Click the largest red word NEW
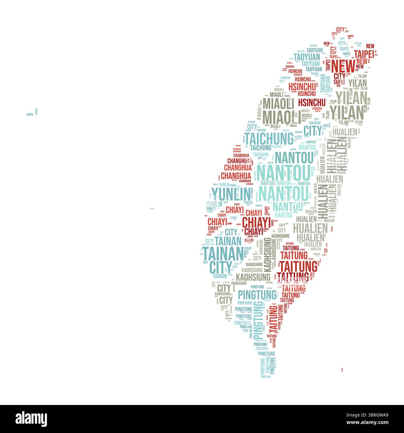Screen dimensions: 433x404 click(x=343, y=66)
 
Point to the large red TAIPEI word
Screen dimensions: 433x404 click(x=364, y=54)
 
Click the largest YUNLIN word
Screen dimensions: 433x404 click(x=230, y=194)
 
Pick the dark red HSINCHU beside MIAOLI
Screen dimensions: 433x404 click(x=312, y=102)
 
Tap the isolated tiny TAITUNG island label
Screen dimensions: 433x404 click(x=342, y=370)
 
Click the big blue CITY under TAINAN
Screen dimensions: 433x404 click(x=221, y=267)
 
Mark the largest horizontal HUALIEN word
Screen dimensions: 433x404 click(x=310, y=228)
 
